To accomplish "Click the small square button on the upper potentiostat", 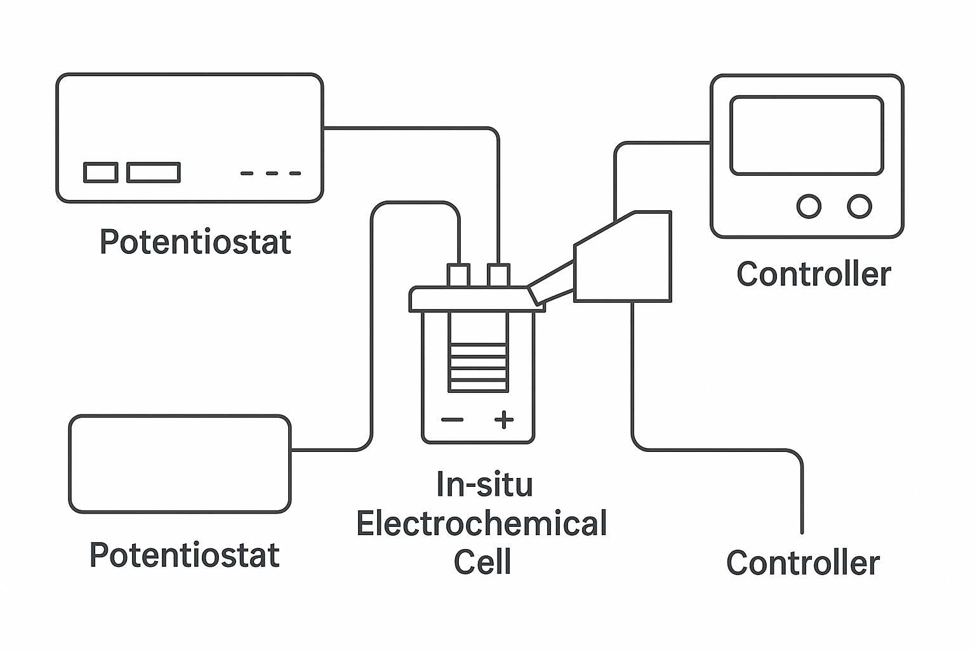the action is [100, 173].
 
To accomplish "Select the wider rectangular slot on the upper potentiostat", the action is [153, 173].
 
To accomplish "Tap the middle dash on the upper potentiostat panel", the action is [272, 173].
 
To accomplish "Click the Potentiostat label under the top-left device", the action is [196, 242].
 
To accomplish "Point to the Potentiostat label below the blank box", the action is [185, 555].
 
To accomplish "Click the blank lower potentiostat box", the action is [180, 464].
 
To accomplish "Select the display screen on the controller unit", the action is [807, 135].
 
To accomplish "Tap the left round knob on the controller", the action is [809, 206].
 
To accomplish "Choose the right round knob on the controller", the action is [859, 206].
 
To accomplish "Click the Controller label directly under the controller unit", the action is [814, 274].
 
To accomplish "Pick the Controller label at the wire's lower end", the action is [803, 563].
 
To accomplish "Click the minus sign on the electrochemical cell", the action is [452, 420].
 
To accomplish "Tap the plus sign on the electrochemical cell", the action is [504, 420].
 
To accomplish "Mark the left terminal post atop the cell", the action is [458, 275].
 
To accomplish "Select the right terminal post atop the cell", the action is [498, 275].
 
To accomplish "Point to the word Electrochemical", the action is [482, 523].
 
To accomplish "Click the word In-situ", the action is [484, 484].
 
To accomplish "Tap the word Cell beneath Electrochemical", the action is [482, 562].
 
